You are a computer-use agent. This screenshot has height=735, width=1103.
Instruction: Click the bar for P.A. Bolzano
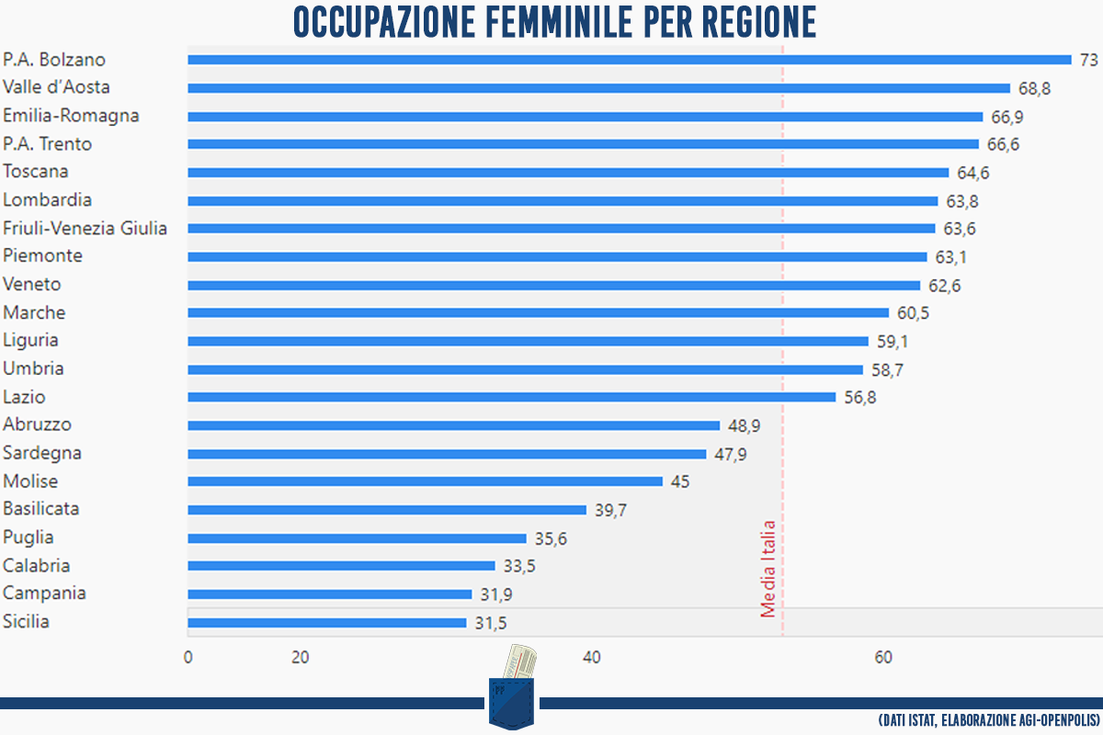point(630,60)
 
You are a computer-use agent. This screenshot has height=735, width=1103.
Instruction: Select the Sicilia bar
point(327,623)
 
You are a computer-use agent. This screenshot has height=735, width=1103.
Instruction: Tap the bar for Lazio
point(512,397)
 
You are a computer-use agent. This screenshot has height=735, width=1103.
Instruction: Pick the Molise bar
point(425,481)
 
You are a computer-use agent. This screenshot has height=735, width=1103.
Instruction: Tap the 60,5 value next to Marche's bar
point(914,313)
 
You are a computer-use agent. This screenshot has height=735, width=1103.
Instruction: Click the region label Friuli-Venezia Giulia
point(85,228)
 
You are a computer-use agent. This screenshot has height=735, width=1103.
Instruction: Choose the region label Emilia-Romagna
point(72,116)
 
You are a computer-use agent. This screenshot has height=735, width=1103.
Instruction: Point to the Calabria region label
point(37,566)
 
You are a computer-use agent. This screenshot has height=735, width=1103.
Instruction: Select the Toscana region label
point(36,172)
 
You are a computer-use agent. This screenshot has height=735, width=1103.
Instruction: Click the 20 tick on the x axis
point(300,658)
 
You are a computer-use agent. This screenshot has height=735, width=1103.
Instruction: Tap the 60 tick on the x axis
point(883,658)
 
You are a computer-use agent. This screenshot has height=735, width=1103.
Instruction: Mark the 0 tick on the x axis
point(188,658)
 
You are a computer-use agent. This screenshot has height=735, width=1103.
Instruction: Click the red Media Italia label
point(768,570)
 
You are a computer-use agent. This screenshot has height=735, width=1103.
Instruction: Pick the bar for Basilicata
point(387,510)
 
